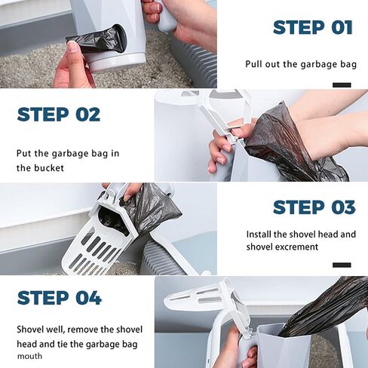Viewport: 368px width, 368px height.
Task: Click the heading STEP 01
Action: click(x=313, y=27)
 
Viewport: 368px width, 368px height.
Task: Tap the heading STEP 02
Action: click(x=59, y=115)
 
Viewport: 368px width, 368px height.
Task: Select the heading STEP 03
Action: click(x=314, y=207)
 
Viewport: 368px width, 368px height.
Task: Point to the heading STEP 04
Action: click(x=60, y=298)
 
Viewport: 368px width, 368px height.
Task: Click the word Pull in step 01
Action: click(x=253, y=63)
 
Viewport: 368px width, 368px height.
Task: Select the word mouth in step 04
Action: click(x=29, y=356)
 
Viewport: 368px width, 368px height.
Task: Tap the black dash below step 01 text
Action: click(x=342, y=85)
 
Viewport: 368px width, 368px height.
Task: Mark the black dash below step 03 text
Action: click(x=342, y=265)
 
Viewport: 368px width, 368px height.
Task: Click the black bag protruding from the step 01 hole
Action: click(x=96, y=41)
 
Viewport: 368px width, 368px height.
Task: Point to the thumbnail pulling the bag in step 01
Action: click(x=72, y=48)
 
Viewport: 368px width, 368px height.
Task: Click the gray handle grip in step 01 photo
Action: click(x=166, y=20)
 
